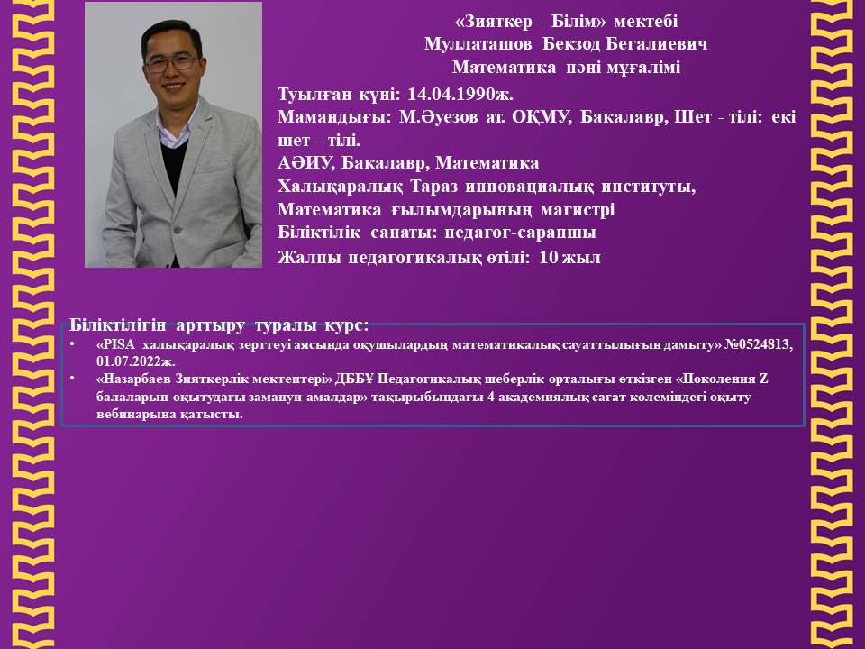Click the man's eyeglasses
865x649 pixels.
click(x=171, y=63)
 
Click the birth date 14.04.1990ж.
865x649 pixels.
click(x=460, y=95)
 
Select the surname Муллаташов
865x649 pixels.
click(x=478, y=44)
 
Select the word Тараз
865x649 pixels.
click(x=434, y=187)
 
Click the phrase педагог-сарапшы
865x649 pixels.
click(x=520, y=233)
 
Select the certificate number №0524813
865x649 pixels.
click(x=759, y=345)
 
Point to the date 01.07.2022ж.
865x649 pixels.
click(x=136, y=362)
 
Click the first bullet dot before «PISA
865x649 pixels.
click(x=72, y=344)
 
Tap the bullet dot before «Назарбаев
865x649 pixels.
click(x=72, y=379)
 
